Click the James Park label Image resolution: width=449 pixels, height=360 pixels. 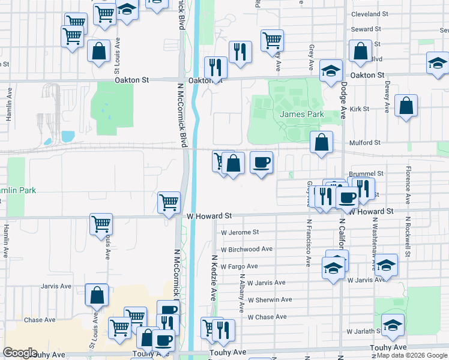[301, 114]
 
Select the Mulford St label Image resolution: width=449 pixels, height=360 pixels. [365, 143]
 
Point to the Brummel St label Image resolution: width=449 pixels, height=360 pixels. [367, 173]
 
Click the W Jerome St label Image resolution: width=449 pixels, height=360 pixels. [240, 232]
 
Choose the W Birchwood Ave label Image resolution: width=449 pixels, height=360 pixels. [246, 249]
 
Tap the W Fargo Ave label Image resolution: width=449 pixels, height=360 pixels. [239, 266]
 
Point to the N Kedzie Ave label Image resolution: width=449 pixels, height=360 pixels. [214, 277]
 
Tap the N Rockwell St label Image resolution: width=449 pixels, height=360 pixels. [407, 237]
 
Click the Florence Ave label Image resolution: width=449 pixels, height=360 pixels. [408, 185]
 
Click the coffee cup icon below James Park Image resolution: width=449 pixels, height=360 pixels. [262, 163]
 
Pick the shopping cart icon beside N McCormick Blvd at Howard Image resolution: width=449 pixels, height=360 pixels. [169, 202]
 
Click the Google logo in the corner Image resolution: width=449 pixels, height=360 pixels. [20, 353]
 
